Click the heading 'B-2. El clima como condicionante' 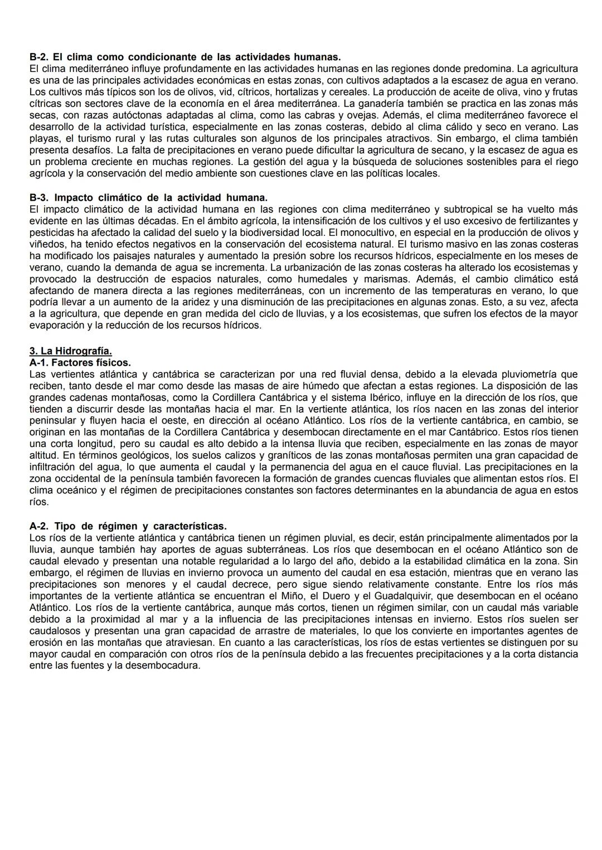tap(185, 57)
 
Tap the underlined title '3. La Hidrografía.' tap(70, 351)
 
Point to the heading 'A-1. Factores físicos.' tap(80, 362)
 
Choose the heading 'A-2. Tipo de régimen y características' tap(128, 526)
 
